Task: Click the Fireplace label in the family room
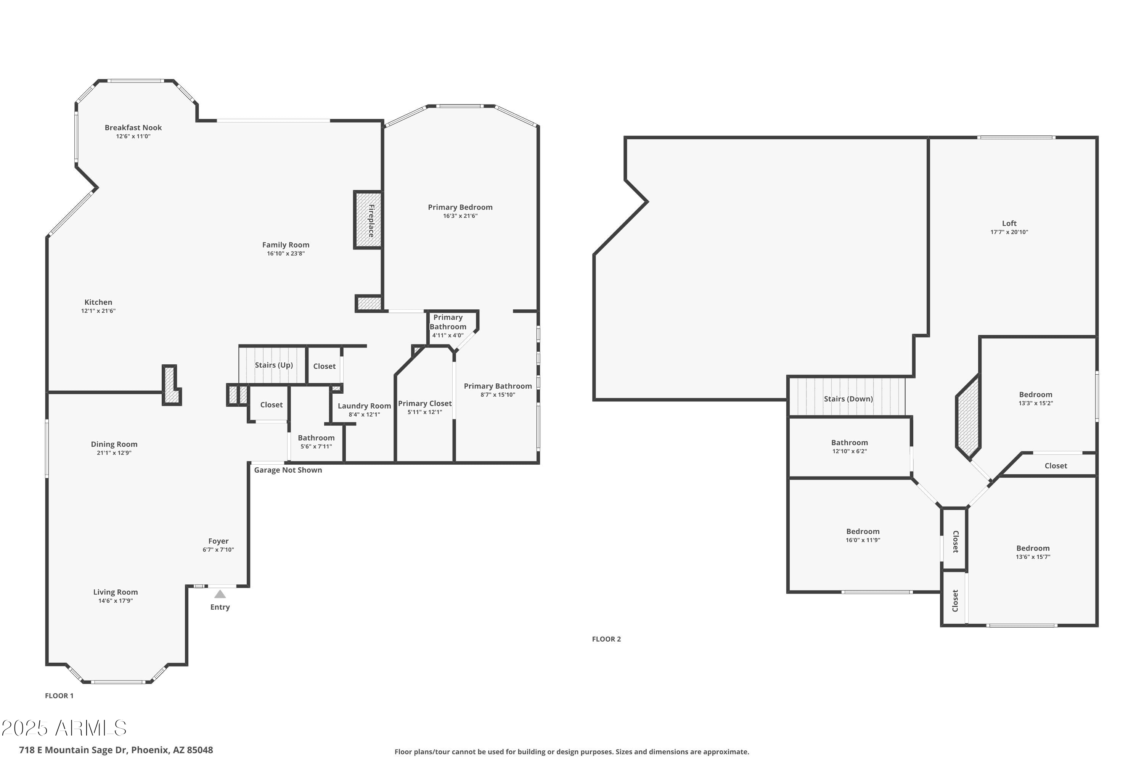click(x=371, y=221)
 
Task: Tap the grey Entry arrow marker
click(x=220, y=594)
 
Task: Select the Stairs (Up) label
click(x=274, y=365)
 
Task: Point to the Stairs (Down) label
click(x=848, y=399)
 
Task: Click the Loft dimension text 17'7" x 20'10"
click(x=1009, y=232)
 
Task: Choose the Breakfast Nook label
click(x=133, y=127)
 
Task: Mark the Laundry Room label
click(x=364, y=406)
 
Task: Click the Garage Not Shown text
click(x=288, y=470)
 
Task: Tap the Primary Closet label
click(x=425, y=403)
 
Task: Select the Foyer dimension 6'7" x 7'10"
click(x=219, y=550)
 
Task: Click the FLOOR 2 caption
click(x=606, y=639)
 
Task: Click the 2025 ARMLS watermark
click(x=64, y=728)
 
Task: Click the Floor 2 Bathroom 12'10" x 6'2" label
click(x=849, y=446)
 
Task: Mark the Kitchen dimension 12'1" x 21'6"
click(x=98, y=311)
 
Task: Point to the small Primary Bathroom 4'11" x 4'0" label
click(x=447, y=326)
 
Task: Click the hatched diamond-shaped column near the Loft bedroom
click(x=968, y=417)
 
